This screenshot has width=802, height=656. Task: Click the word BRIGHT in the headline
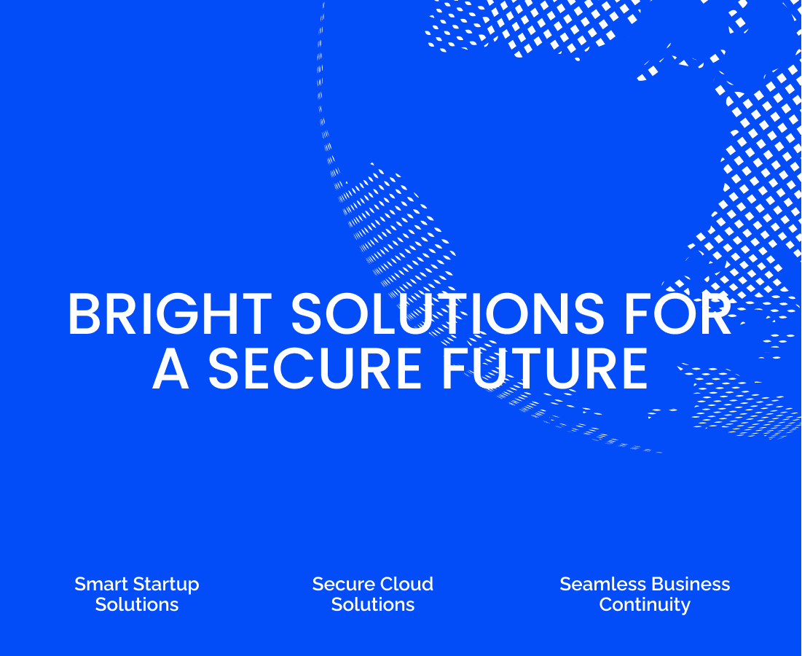click(x=169, y=315)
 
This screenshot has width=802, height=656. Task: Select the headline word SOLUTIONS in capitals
click(x=447, y=315)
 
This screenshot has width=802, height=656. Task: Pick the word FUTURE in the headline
click(x=544, y=368)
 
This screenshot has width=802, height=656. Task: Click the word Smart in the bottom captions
click(x=100, y=585)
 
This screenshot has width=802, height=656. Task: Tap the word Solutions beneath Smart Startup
click(x=137, y=605)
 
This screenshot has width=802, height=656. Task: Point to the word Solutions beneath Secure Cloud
click(x=373, y=605)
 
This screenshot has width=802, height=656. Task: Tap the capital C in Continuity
click(x=605, y=605)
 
